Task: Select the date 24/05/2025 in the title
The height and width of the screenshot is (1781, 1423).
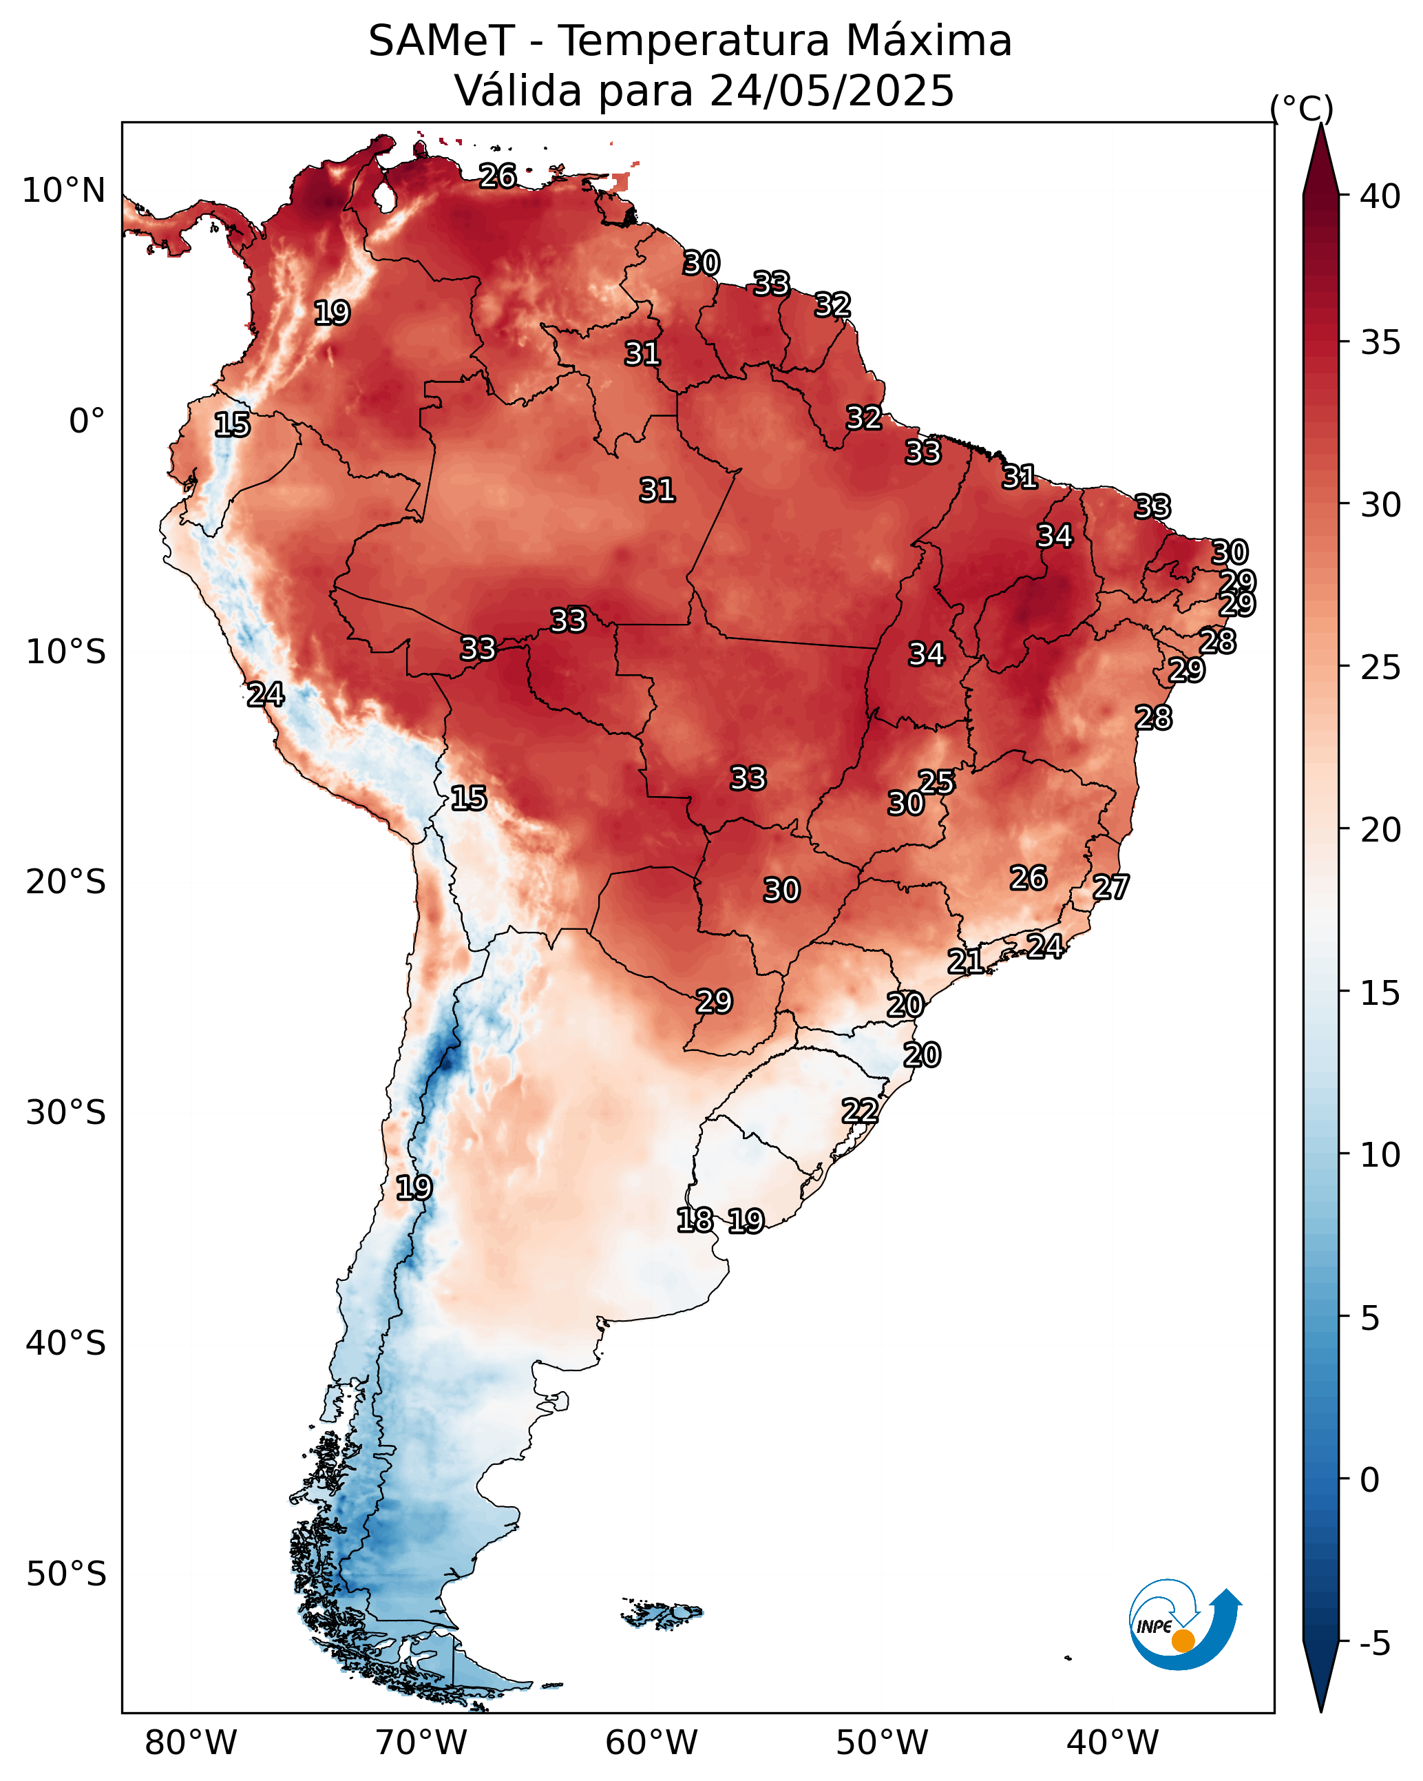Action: [x=831, y=90]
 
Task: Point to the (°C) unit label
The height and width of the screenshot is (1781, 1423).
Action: [x=1302, y=108]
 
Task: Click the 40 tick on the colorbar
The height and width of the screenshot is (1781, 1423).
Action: [x=1380, y=196]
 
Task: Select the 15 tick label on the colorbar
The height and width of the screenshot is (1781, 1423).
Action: [x=1380, y=993]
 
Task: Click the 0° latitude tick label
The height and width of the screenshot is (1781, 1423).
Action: [x=87, y=421]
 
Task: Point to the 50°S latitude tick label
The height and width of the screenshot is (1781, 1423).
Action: [x=66, y=1574]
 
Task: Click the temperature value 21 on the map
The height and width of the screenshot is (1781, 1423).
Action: [x=965, y=961]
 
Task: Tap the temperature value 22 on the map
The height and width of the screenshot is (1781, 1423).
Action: [x=860, y=1110]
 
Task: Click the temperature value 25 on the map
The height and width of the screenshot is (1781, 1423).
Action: [x=936, y=782]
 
